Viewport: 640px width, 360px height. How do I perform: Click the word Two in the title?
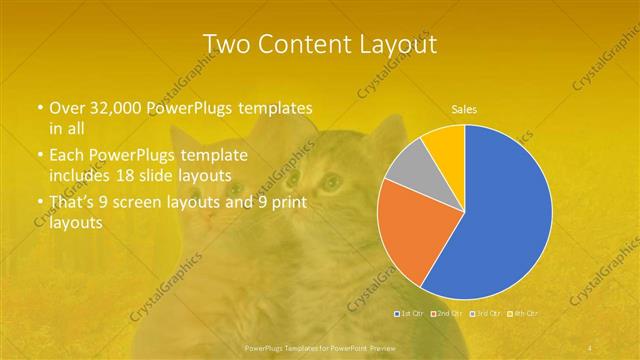pyautogui.click(x=224, y=44)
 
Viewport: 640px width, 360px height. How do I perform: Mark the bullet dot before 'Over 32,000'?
pyautogui.click(x=39, y=107)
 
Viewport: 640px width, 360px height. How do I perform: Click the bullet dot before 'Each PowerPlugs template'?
pyautogui.click(x=39, y=156)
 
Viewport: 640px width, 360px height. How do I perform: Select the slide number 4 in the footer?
pyautogui.click(x=590, y=346)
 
